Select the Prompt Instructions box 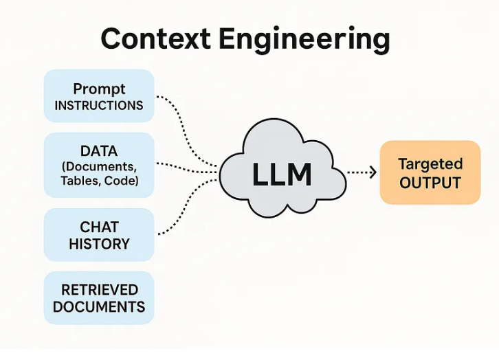pyautogui.click(x=99, y=97)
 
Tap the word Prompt pyautogui.click(x=99, y=89)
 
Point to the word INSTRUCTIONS pyautogui.click(x=99, y=106)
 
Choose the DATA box pyautogui.click(x=99, y=165)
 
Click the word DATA pyautogui.click(x=99, y=151)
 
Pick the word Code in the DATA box pyautogui.click(x=124, y=181)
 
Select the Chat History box pyautogui.click(x=99, y=235)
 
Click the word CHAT pyautogui.click(x=99, y=227)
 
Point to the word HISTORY pyautogui.click(x=99, y=243)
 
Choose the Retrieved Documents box pyautogui.click(x=99, y=298)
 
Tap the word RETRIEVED pyautogui.click(x=99, y=290)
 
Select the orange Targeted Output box pyautogui.click(x=430, y=172)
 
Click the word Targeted pyautogui.click(x=430, y=164)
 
